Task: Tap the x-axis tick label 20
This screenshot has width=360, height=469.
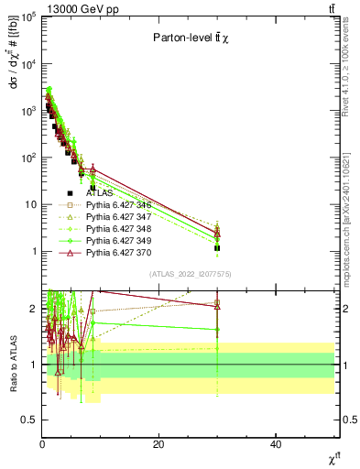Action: [159, 444]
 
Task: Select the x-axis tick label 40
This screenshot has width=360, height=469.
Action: [277, 444]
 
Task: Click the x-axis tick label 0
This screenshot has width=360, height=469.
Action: [42, 444]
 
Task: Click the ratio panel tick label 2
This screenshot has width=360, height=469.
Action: [33, 309]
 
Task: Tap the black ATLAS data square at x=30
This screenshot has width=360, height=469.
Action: [217, 248]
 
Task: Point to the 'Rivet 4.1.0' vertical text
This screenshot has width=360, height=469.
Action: [352, 64]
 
